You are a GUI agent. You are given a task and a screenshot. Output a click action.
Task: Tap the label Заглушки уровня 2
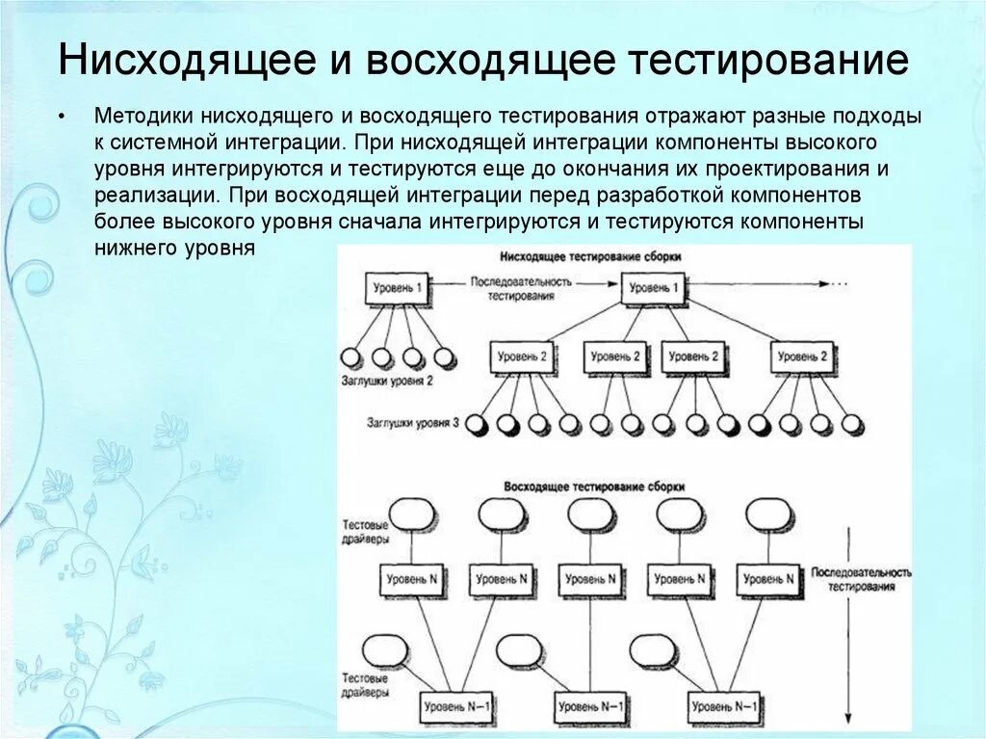387,381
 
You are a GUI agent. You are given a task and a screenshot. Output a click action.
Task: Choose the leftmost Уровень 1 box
397,288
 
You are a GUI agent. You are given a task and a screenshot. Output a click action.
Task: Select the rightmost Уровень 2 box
801,357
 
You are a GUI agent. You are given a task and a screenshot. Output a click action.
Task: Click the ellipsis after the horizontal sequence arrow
838,284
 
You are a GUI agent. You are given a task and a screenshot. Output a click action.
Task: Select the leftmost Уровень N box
411,579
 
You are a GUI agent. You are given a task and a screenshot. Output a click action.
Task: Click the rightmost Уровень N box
769,579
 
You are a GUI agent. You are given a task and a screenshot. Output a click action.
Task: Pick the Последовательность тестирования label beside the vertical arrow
861,578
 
